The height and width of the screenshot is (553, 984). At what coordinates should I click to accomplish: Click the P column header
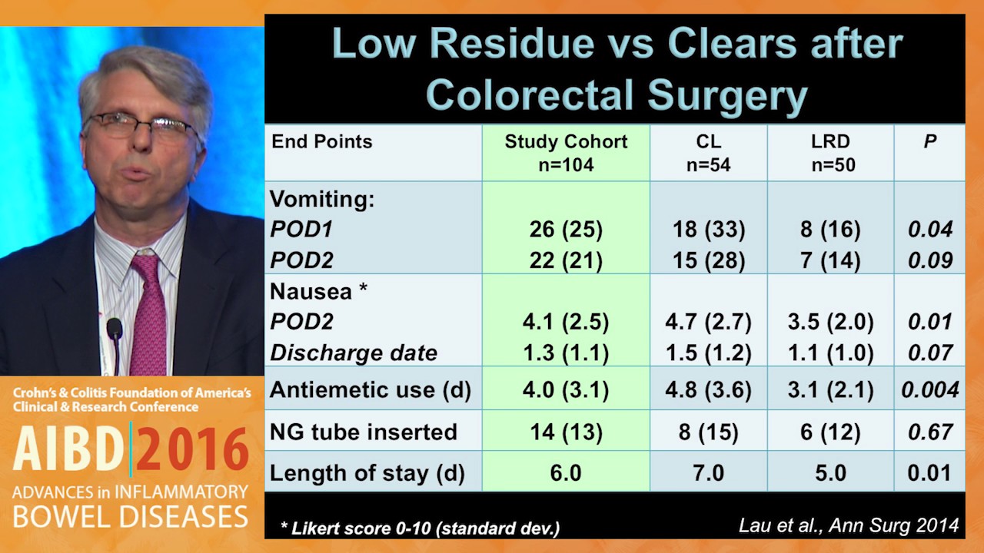pos(929,141)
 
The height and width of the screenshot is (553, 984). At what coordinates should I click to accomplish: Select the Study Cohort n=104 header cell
pos(566,153)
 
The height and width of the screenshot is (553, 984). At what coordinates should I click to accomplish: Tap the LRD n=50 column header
pos(831,153)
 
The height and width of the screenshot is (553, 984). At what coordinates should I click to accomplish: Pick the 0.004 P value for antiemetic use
pos(930,389)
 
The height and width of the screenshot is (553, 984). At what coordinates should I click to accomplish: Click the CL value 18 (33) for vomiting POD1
pos(709,229)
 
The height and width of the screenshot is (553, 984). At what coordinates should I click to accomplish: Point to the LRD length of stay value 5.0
pos(830,472)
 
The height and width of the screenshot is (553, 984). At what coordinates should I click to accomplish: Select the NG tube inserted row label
pos(364,432)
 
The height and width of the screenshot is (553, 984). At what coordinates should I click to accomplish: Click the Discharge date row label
pos(354,353)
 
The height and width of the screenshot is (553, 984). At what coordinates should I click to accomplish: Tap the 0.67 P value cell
pos(930,432)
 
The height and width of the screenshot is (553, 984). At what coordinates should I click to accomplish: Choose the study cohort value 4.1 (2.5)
pos(566,322)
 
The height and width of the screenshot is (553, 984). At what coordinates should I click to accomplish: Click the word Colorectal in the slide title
pos(530,95)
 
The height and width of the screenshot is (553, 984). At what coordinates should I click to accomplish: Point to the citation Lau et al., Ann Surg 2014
pos(849,525)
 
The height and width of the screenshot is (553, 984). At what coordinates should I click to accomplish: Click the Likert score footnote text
pos(421,528)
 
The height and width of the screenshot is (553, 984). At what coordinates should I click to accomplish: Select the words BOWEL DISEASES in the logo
pos(131,516)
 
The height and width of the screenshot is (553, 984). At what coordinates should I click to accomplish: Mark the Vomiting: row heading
pos(322,199)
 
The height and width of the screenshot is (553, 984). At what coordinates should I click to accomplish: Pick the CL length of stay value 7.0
pos(709,472)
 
